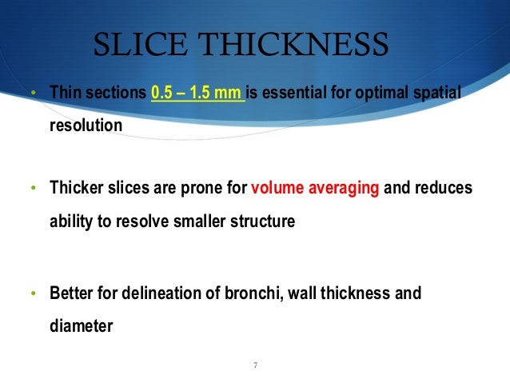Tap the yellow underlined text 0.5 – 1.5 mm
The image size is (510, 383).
tap(197, 95)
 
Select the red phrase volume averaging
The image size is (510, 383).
tap(317, 190)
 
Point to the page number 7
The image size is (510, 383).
tap(254, 365)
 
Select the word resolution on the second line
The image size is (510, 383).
tap(86, 126)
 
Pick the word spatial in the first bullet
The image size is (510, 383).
tap(437, 95)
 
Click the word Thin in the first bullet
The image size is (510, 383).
tap(65, 95)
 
